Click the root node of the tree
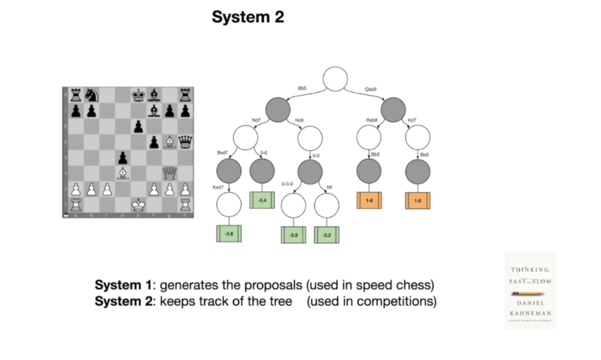pos(335,79)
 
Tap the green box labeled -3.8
pos(229,234)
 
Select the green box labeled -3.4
pos(262,200)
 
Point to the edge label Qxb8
pos(370,89)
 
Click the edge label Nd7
pos(256,120)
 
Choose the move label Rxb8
pos(372,120)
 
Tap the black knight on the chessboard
pos(90,95)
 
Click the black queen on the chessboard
pos(185,142)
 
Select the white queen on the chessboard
pos(170,173)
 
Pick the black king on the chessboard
pos(138,95)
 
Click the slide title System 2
pos(248,18)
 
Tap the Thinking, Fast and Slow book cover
pos(530,290)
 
